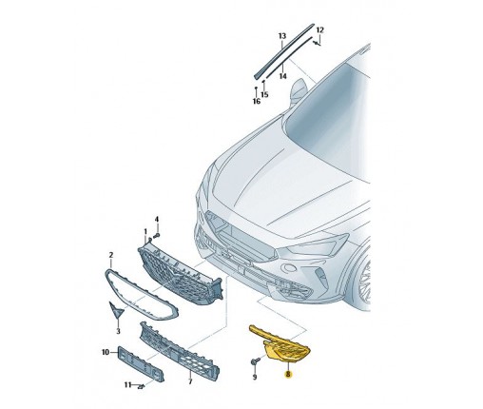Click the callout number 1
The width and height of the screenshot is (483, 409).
coord(145,231)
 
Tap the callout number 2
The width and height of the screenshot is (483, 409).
coord(111,255)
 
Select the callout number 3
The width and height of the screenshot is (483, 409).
coord(118,331)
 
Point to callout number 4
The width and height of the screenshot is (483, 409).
coord(157,220)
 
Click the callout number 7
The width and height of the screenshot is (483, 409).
coord(190,381)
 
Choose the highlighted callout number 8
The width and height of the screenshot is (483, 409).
coord(288,375)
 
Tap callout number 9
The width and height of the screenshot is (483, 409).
coord(255,378)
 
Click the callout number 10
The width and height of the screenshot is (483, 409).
coord(106,352)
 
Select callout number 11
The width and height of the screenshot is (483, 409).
coord(127,385)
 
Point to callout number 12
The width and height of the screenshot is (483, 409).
coord(320,30)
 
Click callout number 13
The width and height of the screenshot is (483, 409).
coord(282,36)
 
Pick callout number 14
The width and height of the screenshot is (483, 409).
coord(283,76)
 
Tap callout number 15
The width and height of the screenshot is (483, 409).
coord(264,94)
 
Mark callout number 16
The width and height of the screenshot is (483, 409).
coord(257,101)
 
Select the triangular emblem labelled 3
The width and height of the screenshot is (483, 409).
coord(116,309)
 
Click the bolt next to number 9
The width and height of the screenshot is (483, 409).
coord(255,360)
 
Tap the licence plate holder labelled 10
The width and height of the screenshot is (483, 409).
coord(141,364)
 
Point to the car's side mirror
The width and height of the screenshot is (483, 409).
coord(298,91)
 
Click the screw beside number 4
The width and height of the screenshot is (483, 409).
coord(157,236)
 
